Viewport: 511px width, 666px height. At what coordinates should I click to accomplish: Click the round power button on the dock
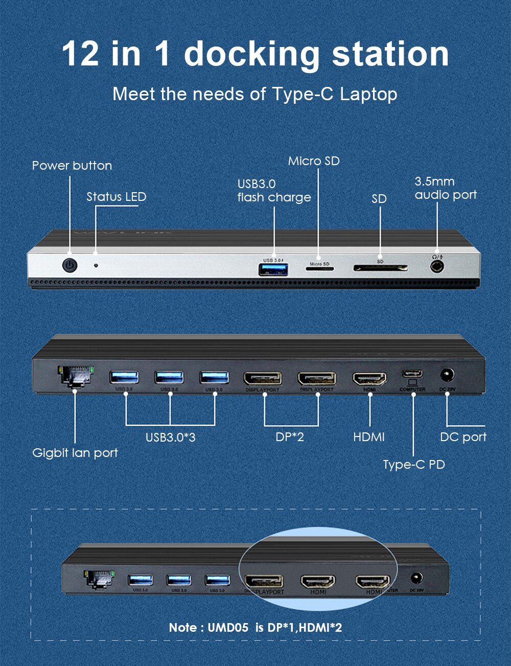coord(69,265)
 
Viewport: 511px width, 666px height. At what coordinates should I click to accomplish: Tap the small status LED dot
coord(96,265)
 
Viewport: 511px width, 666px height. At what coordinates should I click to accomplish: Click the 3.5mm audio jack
coord(436,266)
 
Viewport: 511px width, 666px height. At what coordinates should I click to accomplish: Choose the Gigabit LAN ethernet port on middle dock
coord(75,377)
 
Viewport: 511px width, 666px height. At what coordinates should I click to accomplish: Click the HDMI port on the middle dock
coord(369,379)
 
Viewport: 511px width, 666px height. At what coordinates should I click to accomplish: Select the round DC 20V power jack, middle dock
coord(448,376)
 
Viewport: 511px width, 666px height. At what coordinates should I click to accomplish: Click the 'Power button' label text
coord(72,166)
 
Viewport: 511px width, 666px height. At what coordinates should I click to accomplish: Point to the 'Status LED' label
coord(116,197)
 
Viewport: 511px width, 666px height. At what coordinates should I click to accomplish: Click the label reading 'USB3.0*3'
coord(170,438)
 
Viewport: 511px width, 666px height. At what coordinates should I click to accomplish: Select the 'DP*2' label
coord(290,437)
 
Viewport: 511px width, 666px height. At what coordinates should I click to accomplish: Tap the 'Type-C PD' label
coord(414,465)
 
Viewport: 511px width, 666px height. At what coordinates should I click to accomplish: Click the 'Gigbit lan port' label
coord(75,453)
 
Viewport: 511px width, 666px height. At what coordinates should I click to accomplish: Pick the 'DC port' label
coord(463,437)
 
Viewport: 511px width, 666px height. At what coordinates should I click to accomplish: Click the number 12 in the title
coord(80,54)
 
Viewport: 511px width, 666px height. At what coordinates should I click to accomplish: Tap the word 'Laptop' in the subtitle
coord(368,94)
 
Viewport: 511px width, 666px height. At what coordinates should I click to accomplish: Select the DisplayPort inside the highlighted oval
coord(264,581)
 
